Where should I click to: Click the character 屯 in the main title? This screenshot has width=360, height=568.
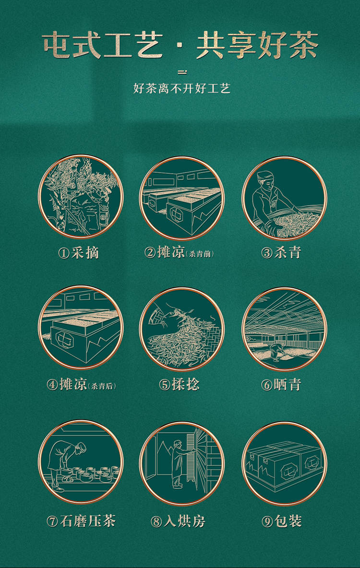(x=57, y=45)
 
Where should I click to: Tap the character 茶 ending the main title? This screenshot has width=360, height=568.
(x=304, y=45)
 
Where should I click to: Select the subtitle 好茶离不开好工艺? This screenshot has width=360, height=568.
(x=181, y=88)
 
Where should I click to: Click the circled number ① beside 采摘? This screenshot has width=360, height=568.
(x=64, y=253)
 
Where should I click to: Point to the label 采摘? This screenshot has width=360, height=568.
(x=85, y=252)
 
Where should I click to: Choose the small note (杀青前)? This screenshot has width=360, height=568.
(x=200, y=254)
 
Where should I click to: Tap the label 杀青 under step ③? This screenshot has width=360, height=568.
(x=288, y=252)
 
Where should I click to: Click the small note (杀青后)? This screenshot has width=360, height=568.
(x=102, y=386)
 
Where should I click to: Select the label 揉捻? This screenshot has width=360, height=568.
(x=186, y=384)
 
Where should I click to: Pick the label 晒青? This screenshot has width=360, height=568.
(x=288, y=384)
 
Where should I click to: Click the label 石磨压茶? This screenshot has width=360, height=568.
(x=88, y=521)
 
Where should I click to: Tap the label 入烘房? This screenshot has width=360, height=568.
(x=184, y=521)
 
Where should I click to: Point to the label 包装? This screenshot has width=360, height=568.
(x=288, y=521)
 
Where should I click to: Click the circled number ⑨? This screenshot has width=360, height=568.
(x=267, y=521)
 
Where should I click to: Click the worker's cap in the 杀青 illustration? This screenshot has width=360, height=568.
(x=265, y=176)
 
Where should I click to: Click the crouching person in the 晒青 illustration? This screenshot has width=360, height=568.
(x=276, y=350)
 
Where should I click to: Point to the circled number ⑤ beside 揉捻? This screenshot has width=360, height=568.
(x=165, y=385)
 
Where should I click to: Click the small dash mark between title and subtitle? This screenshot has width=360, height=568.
(x=183, y=72)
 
